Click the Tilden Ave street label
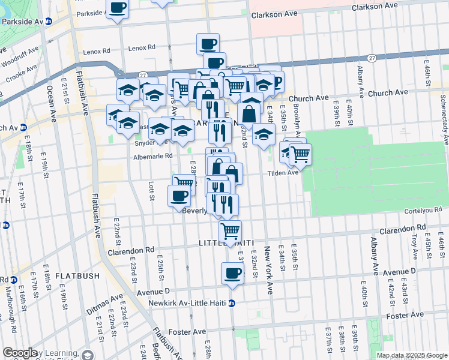coord(283,173)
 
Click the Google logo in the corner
coord(20,353)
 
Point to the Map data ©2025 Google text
coord(411,355)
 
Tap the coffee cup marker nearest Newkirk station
coord(232,274)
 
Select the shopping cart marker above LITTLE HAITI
coord(230,229)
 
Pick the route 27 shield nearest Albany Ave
coord(372,58)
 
